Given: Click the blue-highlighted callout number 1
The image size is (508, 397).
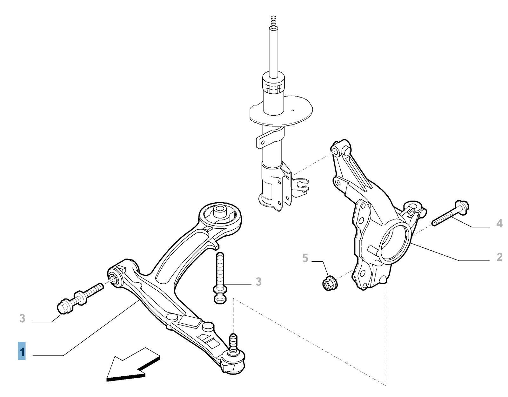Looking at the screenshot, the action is point(22,351).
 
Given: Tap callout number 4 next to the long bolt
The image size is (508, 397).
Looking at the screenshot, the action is point(499,224).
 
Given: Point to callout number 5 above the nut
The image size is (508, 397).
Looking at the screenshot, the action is point(305,258).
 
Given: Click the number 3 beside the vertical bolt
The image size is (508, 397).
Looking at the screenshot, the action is point(258,282).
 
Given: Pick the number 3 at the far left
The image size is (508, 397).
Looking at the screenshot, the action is point(22,318).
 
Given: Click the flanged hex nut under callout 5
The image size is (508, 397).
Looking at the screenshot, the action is point(329,283).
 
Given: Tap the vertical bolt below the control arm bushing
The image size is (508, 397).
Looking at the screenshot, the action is point(220,278).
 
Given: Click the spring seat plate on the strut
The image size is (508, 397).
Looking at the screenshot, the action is point(281,110).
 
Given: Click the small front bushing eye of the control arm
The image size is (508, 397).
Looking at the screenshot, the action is point(114,278).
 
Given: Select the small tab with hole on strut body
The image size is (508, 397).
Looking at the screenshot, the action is point(262,142).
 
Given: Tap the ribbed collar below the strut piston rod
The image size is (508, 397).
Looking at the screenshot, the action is point(273,86).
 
